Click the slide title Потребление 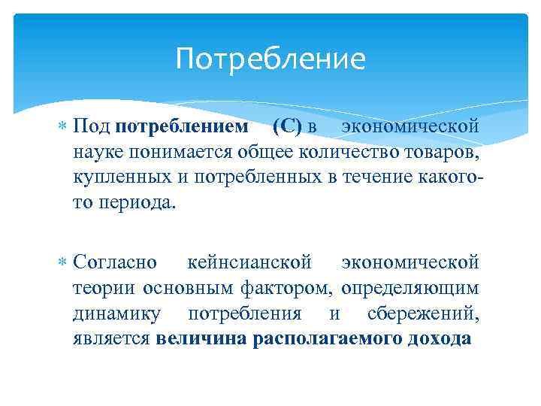270,59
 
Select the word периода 139,203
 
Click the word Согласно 115,262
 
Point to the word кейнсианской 249,262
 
